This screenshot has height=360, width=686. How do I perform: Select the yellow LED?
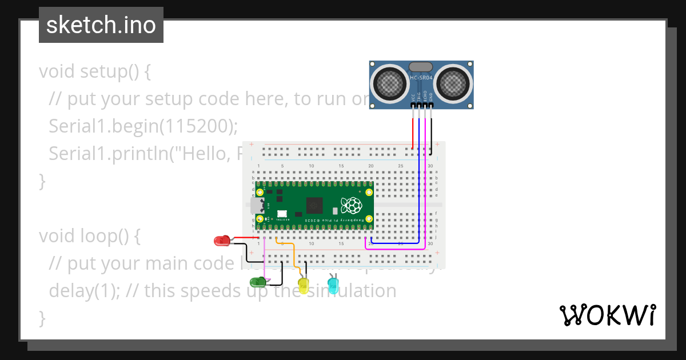click(x=303, y=286)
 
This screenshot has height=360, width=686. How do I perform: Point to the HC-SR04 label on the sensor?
click(x=421, y=77)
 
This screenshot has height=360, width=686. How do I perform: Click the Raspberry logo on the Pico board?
click(x=350, y=205)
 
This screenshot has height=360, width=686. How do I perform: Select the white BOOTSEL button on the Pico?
click(x=282, y=214)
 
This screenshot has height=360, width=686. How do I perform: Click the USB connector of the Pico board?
click(x=254, y=206)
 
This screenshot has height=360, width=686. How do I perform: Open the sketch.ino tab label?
click(x=101, y=25)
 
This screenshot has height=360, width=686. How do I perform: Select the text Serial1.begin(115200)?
click(x=143, y=126)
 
